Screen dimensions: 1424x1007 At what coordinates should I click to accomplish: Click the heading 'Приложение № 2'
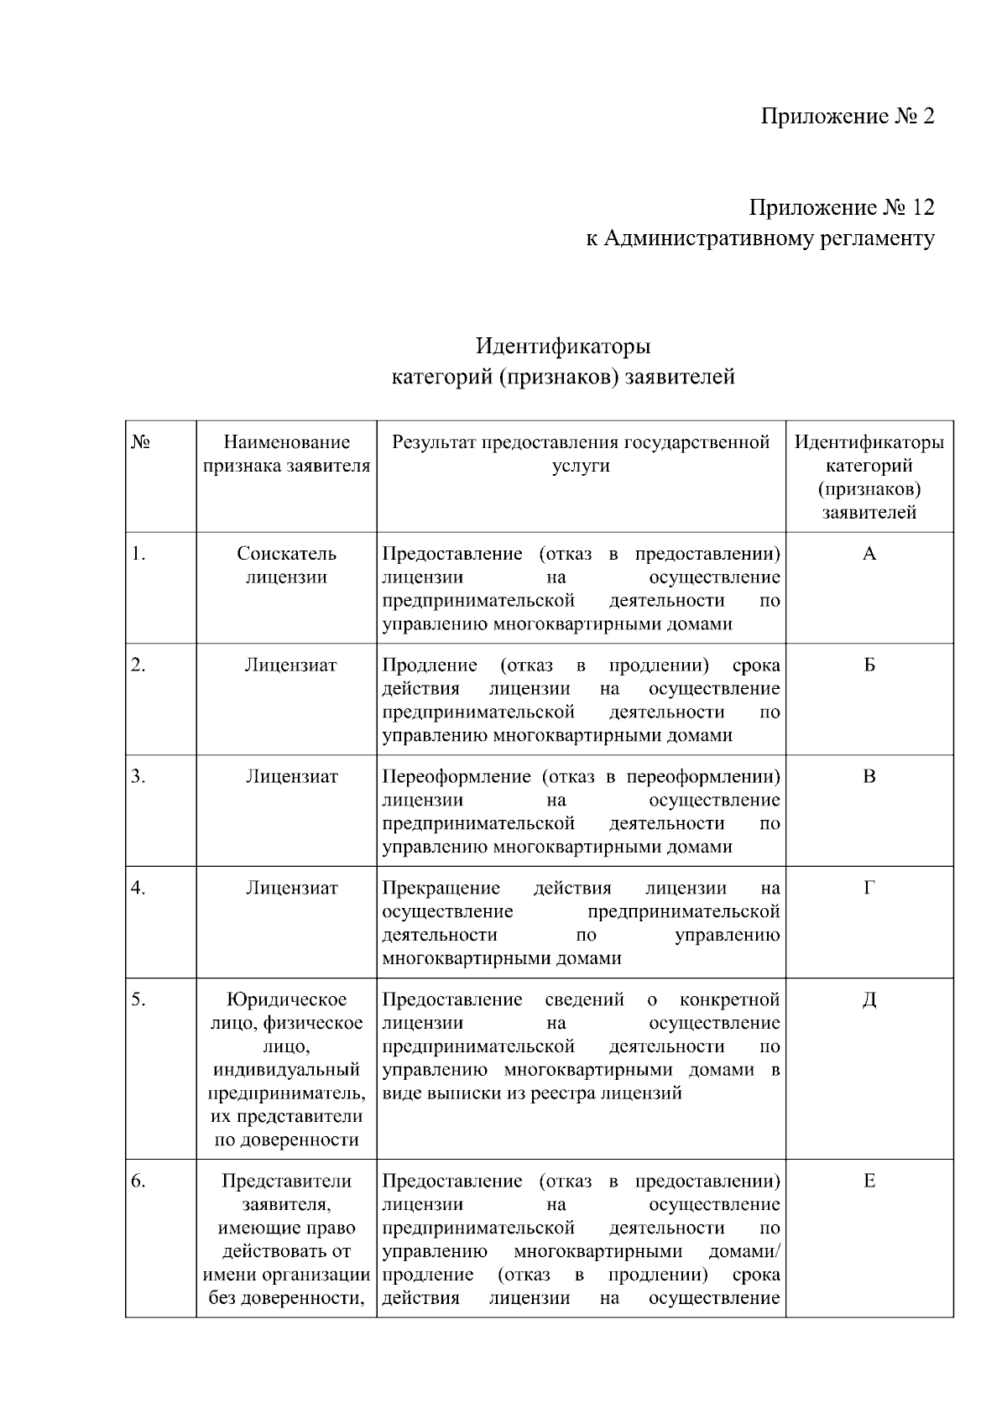point(847,116)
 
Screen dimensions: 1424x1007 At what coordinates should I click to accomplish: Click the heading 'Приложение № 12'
point(842,207)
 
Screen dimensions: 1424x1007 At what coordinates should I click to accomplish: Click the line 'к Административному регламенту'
point(759,239)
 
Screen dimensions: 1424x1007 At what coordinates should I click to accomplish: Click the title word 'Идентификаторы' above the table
point(563,346)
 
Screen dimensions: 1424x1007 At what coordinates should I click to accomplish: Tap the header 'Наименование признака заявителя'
point(286,454)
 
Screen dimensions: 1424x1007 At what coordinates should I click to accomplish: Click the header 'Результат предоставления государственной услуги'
point(581,454)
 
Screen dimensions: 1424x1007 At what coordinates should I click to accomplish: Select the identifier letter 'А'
point(869,554)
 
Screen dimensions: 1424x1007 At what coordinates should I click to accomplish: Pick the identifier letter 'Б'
point(869,665)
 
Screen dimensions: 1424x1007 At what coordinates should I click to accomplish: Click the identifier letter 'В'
point(869,777)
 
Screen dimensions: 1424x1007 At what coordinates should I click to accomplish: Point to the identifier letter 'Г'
point(869,888)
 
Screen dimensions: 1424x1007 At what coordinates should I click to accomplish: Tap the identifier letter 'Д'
point(869,999)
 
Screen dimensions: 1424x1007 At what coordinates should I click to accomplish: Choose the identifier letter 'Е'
point(869,1181)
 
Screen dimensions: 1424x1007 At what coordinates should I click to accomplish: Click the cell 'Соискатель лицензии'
point(286,566)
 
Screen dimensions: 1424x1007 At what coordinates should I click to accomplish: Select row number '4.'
point(138,888)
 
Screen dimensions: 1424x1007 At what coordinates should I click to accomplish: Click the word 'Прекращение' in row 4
point(441,888)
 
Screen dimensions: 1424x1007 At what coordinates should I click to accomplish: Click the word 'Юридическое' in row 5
point(286,999)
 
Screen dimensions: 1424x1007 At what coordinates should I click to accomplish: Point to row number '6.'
point(138,1181)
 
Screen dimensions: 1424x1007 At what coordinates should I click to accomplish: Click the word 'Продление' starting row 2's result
point(429,665)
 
